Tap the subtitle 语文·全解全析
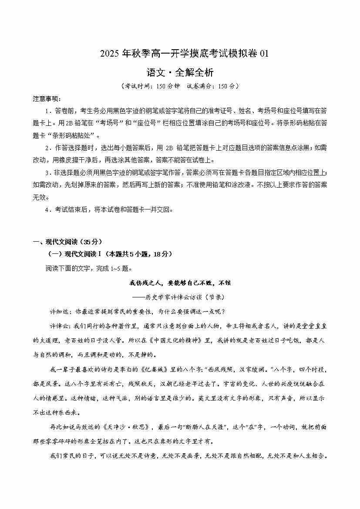[180, 71]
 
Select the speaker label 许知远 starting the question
[60, 311]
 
